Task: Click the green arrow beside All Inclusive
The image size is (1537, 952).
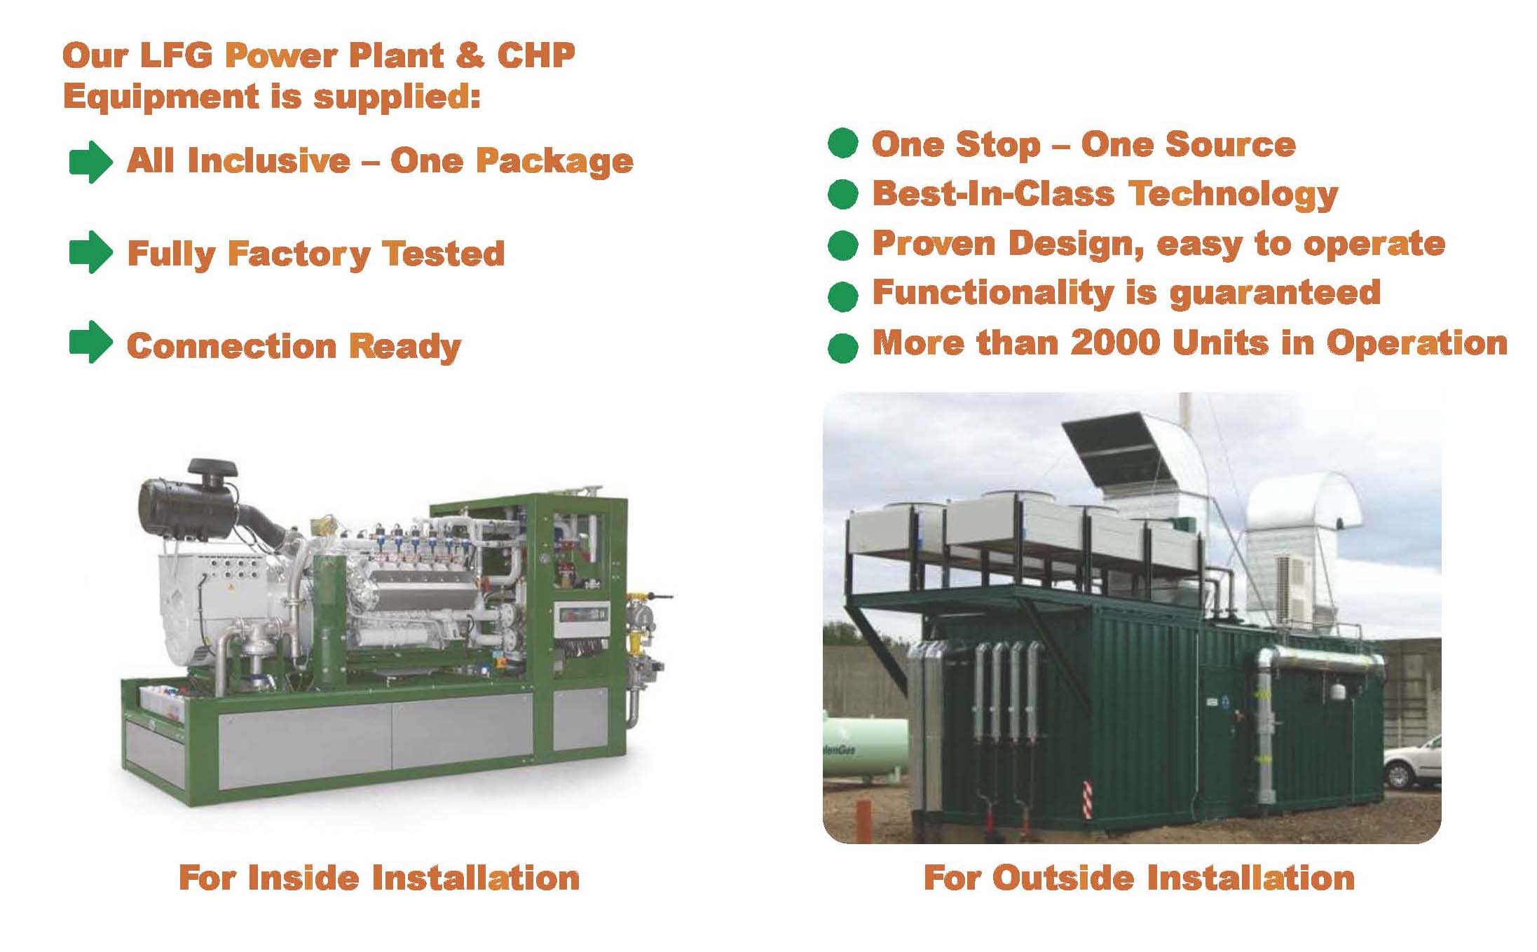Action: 90,162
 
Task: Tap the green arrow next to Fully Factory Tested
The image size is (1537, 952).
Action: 90,252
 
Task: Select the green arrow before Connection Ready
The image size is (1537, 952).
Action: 90,343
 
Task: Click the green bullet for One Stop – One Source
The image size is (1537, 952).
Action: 842,143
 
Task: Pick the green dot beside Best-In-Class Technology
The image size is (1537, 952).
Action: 842,193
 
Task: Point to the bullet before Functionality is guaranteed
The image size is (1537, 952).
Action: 842,296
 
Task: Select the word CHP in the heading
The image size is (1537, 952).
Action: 536,55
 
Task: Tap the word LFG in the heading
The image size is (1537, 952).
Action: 176,55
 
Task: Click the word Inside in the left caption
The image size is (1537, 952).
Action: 304,878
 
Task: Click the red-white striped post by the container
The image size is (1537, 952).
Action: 1087,799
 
